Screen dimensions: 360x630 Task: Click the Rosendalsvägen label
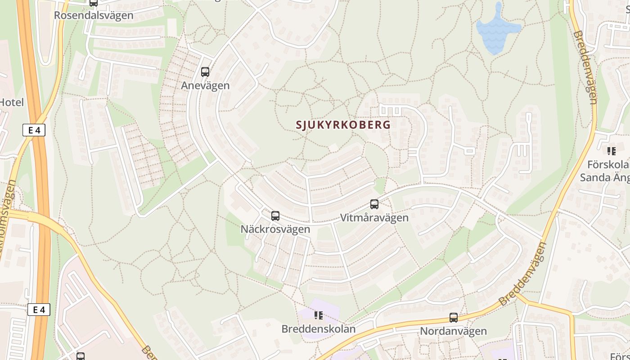point(94,15)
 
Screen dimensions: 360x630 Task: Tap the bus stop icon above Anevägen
point(205,72)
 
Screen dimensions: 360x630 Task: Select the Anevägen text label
point(205,85)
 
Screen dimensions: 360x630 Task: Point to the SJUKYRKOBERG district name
point(343,125)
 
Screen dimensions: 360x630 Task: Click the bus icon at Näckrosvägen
point(275,216)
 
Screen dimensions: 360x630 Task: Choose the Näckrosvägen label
point(275,229)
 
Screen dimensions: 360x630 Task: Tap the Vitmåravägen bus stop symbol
point(374,204)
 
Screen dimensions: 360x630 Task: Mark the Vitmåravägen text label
point(374,218)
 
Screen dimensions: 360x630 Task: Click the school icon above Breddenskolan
point(319,315)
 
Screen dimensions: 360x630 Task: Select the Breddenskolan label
point(319,329)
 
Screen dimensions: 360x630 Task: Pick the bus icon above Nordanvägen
point(454,318)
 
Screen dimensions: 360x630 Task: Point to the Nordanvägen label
point(454,331)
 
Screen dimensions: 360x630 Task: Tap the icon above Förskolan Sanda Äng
point(611,151)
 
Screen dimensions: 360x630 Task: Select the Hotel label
point(12,102)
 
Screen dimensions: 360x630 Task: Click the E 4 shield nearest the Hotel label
point(34,130)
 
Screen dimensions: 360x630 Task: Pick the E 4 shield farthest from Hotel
point(39,310)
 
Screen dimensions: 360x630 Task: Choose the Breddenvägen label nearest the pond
point(585,67)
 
